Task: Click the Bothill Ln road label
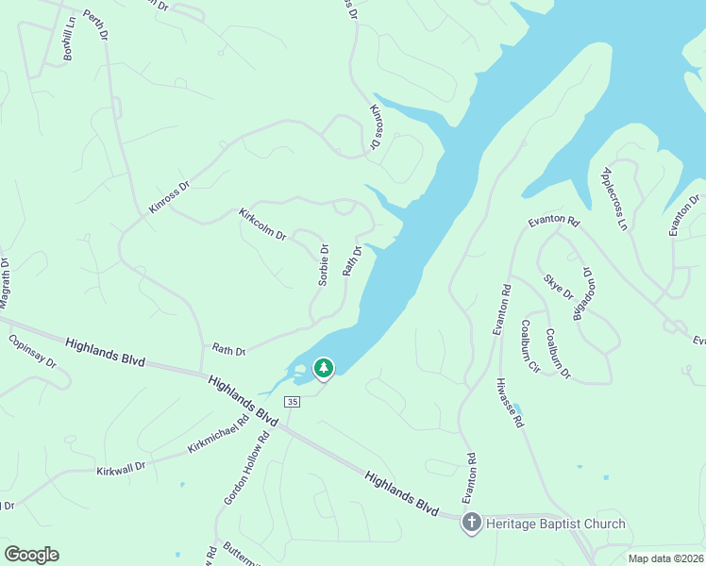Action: pos(68,43)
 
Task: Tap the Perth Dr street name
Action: pos(95,25)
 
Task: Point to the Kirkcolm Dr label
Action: pos(262,224)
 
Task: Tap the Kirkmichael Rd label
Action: pos(217,430)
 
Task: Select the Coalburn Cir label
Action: pos(529,346)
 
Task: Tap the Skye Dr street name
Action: pos(559,287)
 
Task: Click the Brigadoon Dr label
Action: pos(580,294)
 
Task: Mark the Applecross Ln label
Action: pos(614,199)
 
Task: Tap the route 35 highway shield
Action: pos(293,402)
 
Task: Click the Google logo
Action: pos(31,555)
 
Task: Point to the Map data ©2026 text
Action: pos(664,558)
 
